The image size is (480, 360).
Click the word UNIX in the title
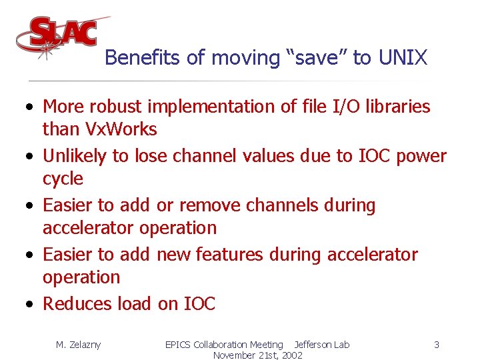pyautogui.click(x=402, y=58)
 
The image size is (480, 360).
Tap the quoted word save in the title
pyautogui.click(x=317, y=58)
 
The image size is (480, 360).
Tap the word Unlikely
pyautogui.click(x=74, y=156)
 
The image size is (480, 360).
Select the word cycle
pyautogui.click(x=63, y=179)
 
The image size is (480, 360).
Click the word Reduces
pyautogui.click(x=77, y=304)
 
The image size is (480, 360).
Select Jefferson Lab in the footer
pyautogui.click(x=321, y=345)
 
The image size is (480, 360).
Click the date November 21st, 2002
pyautogui.click(x=257, y=355)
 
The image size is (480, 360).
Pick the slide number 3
pyautogui.click(x=436, y=345)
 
